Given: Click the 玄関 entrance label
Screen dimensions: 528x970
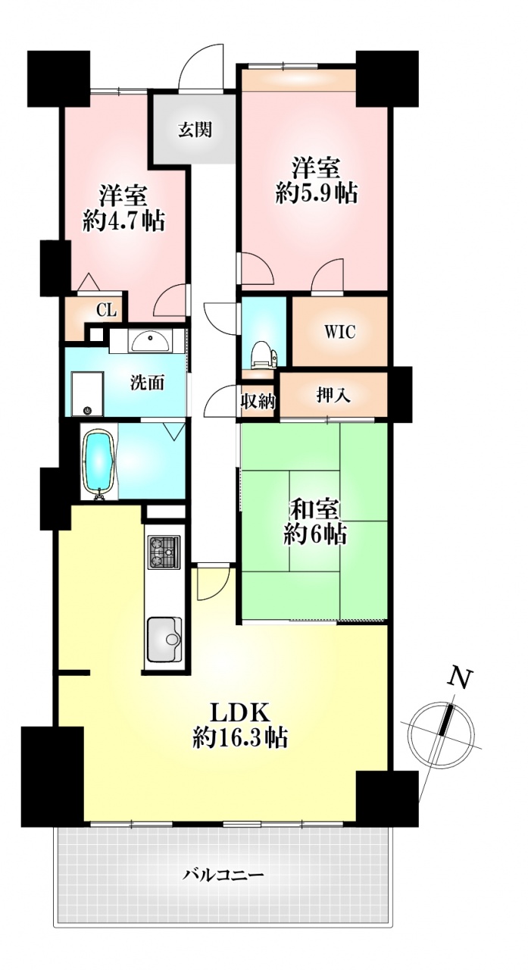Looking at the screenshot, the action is point(195,130).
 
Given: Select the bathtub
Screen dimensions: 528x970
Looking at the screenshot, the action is point(99,463).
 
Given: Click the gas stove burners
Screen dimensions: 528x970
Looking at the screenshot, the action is point(164,552).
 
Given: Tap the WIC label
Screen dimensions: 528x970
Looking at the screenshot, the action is point(340,332).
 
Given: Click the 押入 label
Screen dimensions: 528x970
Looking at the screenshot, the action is point(333,395).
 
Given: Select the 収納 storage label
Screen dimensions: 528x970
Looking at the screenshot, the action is point(258,402).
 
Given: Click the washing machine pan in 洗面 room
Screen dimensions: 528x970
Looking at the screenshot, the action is point(87,393).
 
